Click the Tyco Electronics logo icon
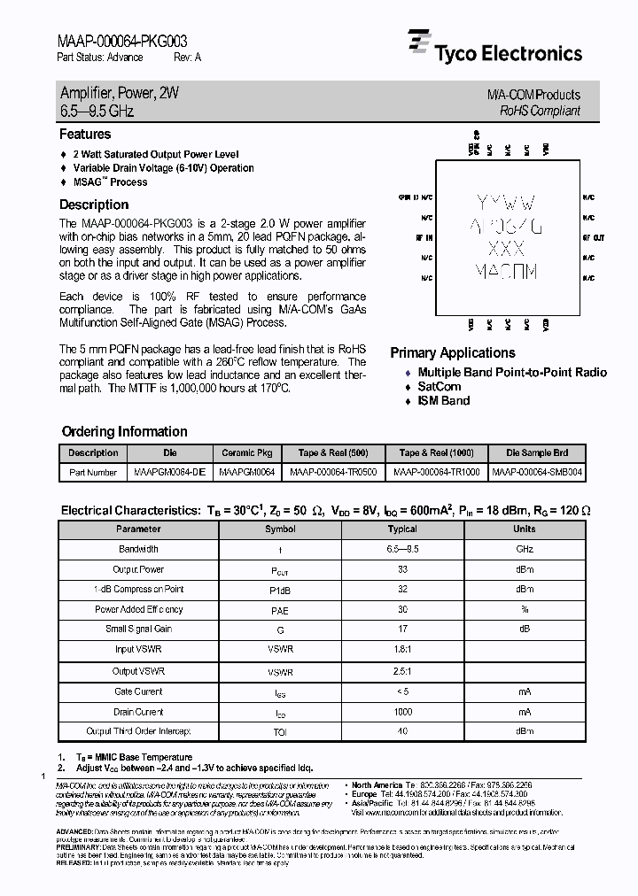[x=418, y=43]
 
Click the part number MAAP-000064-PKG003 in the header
[x=121, y=41]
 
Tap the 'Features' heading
[x=85, y=135]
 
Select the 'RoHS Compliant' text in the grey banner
[x=539, y=111]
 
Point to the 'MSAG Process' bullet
[x=110, y=182]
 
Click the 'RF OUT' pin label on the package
[x=594, y=238]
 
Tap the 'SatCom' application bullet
[x=439, y=387]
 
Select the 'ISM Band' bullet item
[x=443, y=401]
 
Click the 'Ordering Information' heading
[x=124, y=432]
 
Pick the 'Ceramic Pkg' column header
[x=246, y=452]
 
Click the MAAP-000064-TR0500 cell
[x=333, y=473]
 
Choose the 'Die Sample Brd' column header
[x=538, y=452]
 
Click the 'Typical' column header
[x=402, y=529]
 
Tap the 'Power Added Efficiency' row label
[x=138, y=609]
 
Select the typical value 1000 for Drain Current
[x=402, y=712]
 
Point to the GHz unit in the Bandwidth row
[x=525, y=550]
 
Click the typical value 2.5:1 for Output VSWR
[x=402, y=671]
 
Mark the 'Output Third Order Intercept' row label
[x=138, y=732]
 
